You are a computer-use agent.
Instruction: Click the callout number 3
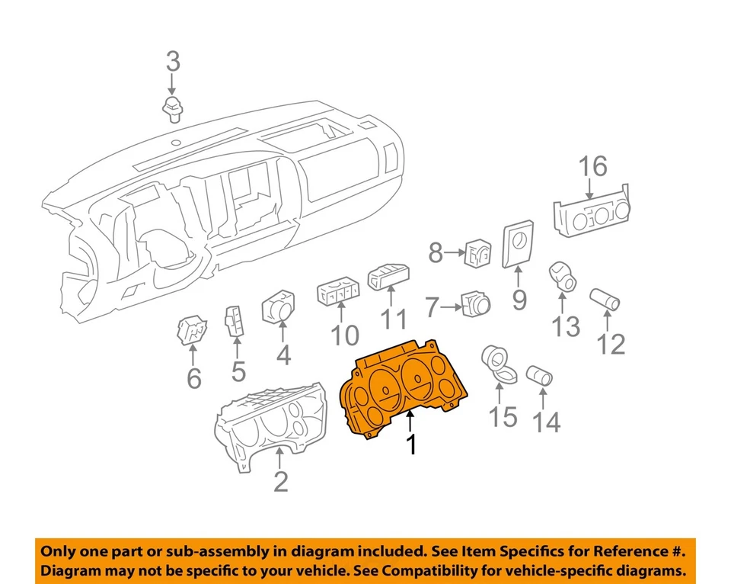174,60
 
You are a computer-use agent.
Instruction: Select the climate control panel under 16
593,215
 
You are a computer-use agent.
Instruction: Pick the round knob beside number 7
474,305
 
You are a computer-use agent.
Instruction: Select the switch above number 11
389,276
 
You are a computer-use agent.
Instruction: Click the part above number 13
563,278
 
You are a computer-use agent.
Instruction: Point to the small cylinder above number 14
541,375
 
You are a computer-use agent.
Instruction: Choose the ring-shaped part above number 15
500,361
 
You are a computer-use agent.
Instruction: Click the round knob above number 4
283,307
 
